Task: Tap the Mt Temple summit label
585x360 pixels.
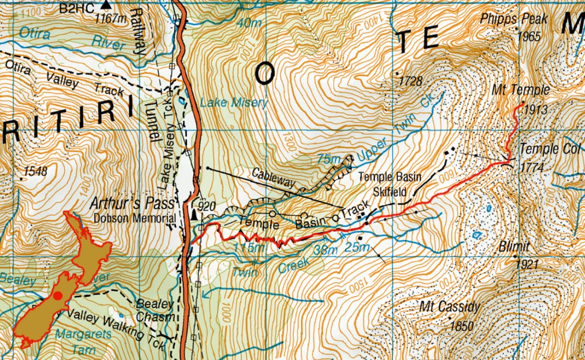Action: click(520, 91)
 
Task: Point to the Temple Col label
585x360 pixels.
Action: click(549, 149)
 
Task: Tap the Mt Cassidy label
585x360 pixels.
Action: click(449, 308)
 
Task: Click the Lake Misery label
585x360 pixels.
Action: click(234, 103)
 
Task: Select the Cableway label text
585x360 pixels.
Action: click(273, 179)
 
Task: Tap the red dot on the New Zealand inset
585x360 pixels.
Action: click(58, 296)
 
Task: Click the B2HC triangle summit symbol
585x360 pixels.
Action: click(106, 6)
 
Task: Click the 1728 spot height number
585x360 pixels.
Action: click(410, 81)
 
